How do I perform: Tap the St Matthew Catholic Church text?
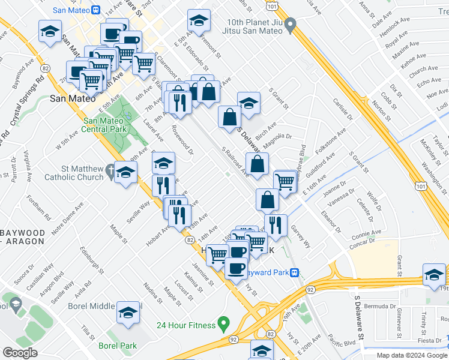coord(74,173)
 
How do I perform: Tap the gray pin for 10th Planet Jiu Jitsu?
coord(291,25)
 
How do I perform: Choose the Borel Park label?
coord(118,346)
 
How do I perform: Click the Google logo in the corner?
coord(20,353)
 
